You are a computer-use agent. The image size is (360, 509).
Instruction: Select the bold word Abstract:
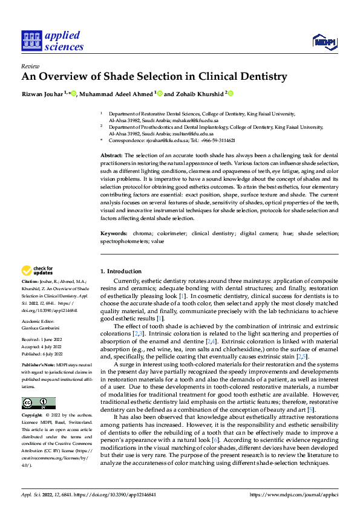(x=113, y=156)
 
